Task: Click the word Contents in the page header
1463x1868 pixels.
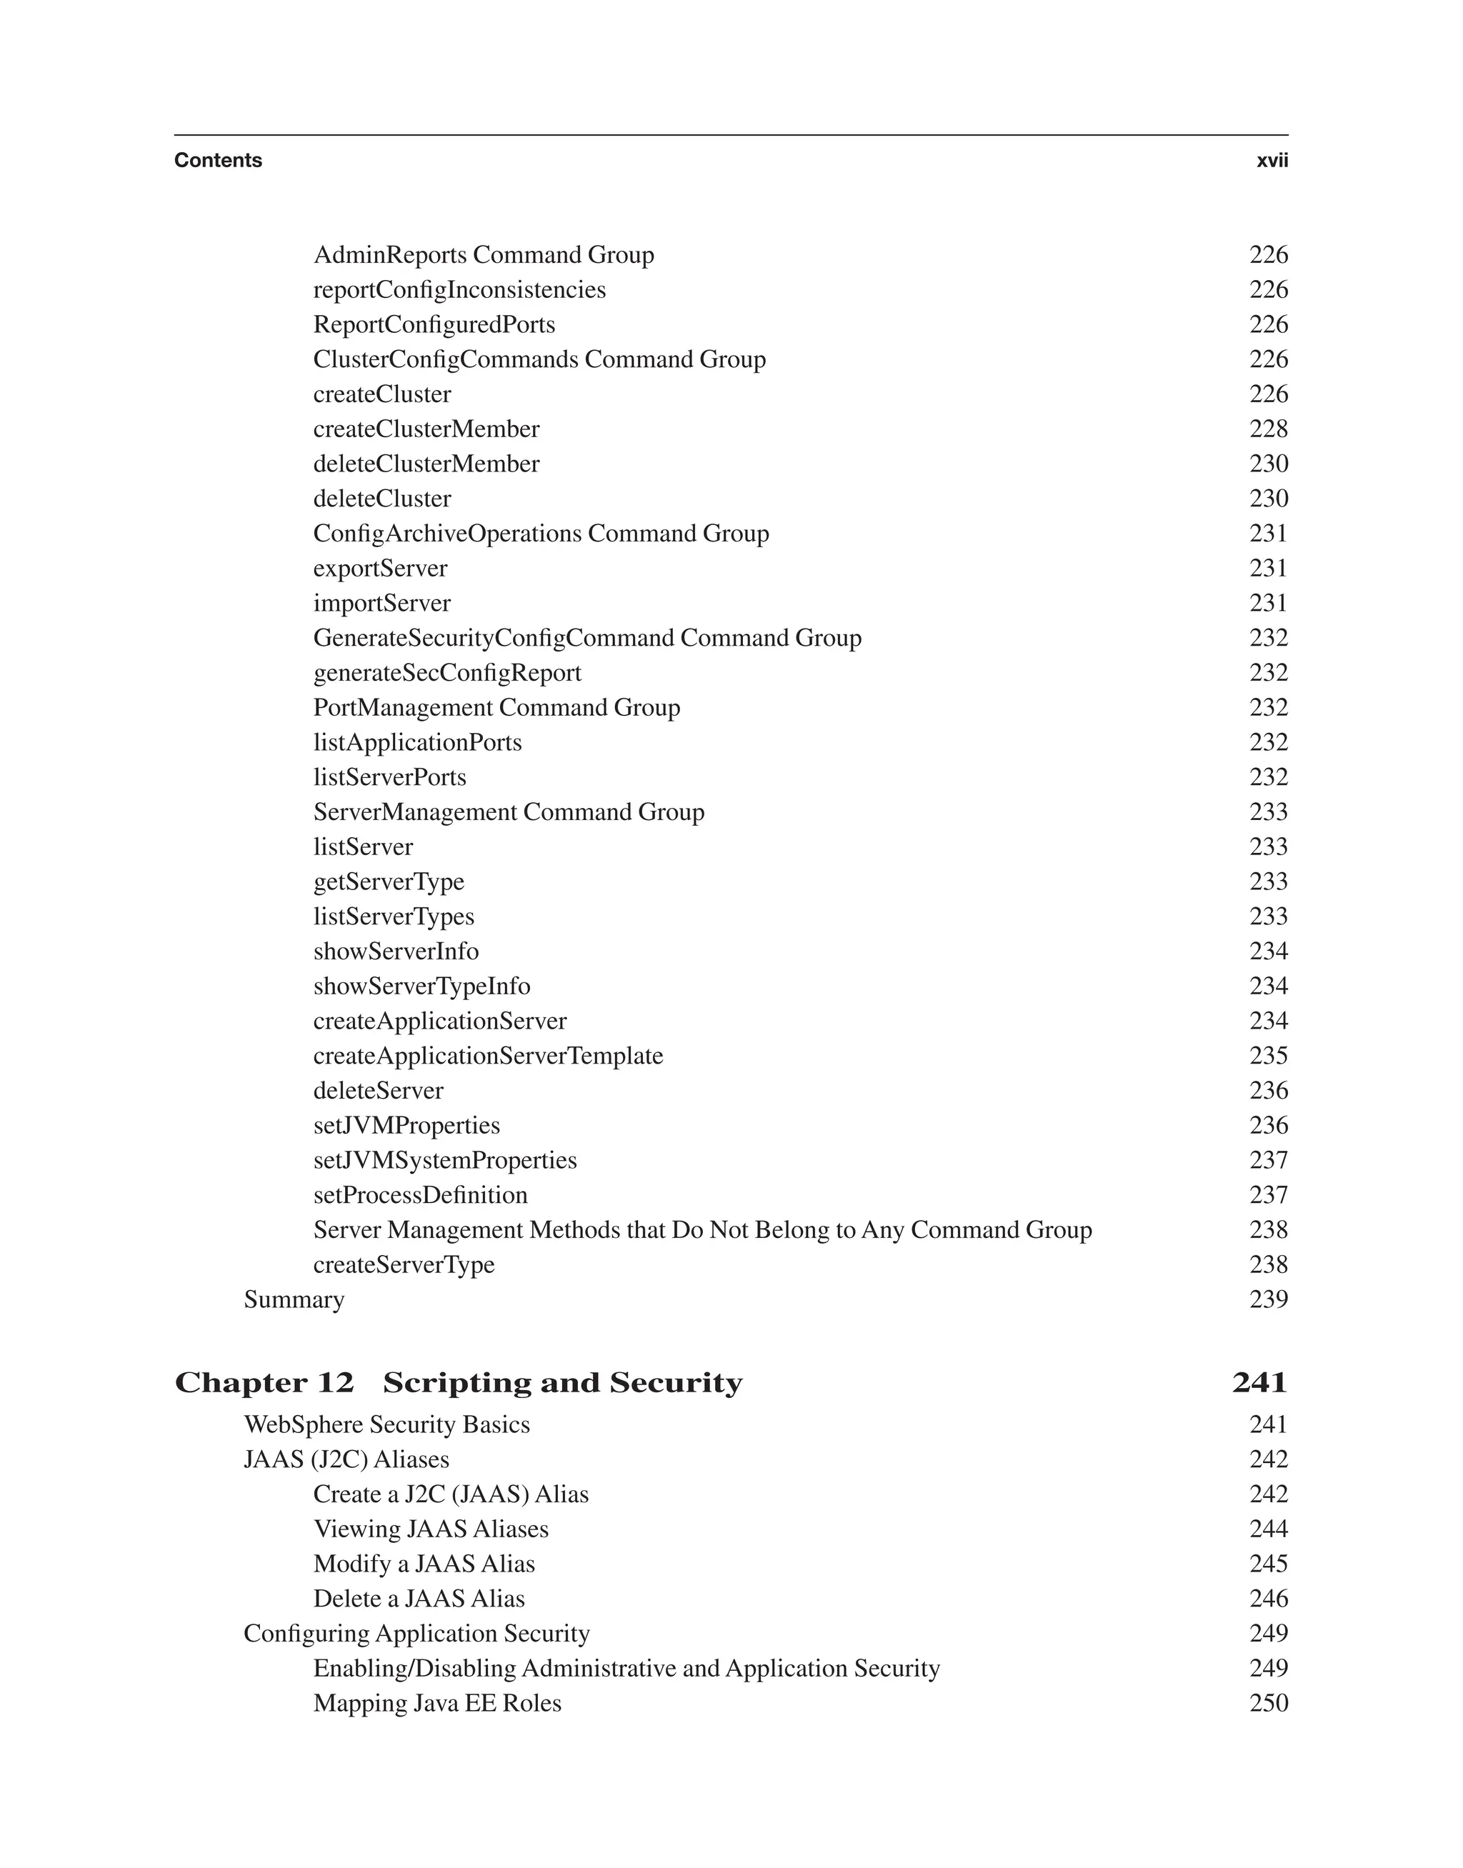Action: (x=218, y=160)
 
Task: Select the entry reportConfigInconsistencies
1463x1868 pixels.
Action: (x=459, y=290)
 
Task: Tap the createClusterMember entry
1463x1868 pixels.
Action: (x=426, y=429)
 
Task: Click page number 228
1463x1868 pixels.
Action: (x=1268, y=429)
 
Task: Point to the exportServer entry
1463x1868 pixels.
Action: (x=379, y=569)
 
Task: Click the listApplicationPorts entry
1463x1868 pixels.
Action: (x=417, y=743)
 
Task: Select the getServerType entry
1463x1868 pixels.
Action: (x=388, y=882)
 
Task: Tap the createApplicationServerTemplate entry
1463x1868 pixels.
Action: (x=487, y=1056)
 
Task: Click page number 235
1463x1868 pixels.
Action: (x=1268, y=1056)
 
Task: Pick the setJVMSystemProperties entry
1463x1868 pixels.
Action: (x=444, y=1161)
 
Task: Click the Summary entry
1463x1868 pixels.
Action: (x=294, y=1300)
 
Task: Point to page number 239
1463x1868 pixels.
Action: (x=1268, y=1300)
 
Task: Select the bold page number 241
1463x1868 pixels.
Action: (x=1259, y=1383)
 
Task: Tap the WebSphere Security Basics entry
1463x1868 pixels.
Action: (x=386, y=1425)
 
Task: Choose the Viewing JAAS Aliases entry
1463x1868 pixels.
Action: (x=430, y=1529)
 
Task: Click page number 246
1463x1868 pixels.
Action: (x=1268, y=1599)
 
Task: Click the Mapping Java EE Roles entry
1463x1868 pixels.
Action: (x=437, y=1704)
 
